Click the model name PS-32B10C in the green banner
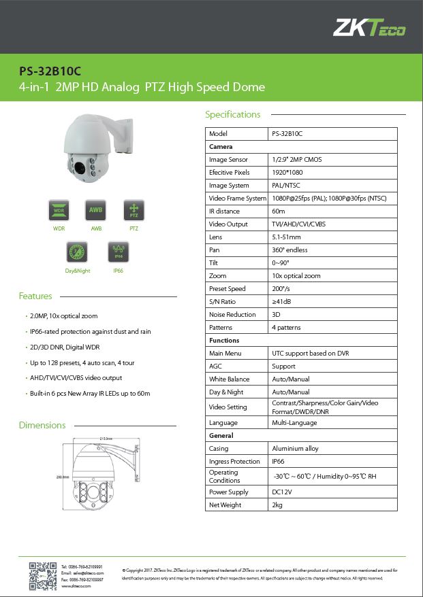44,71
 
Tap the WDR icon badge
59,211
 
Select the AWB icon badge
96,211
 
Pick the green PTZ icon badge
134,211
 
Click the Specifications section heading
233,114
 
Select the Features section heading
35,296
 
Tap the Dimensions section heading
42,425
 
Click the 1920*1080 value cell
287,173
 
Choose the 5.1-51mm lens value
286,237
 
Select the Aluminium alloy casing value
295,449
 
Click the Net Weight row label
225,505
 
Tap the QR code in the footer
42,575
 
